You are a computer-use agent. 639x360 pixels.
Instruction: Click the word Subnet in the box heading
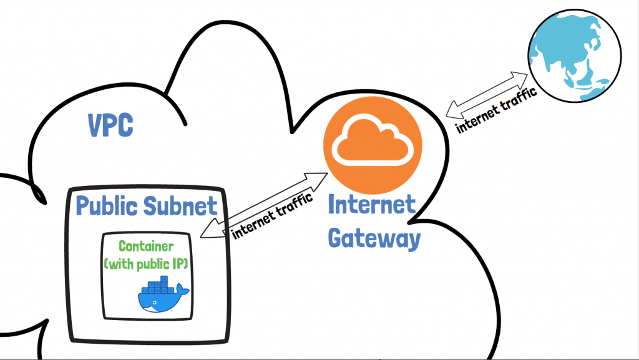184,205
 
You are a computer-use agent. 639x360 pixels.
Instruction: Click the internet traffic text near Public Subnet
271,220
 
